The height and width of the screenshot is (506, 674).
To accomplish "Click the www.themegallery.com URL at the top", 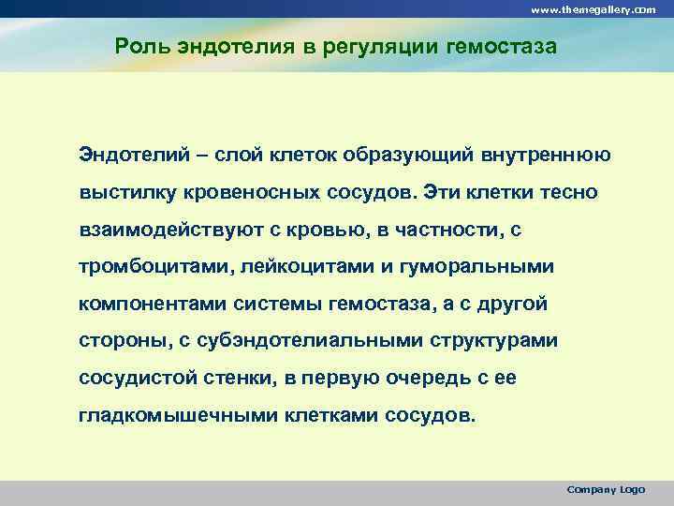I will click(x=593, y=8).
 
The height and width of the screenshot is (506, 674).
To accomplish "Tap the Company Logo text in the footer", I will click(x=606, y=489).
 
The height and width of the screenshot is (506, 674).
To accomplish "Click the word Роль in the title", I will click(x=140, y=46).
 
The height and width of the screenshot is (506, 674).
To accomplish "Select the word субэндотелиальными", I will click(x=306, y=341).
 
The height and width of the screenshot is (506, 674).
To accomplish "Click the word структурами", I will click(x=501, y=341).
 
